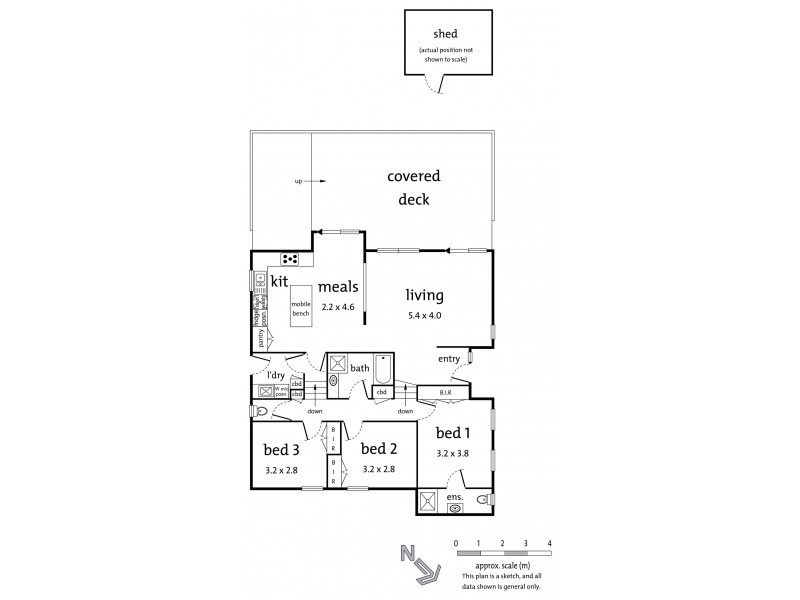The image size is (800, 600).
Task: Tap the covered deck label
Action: pos(414,188)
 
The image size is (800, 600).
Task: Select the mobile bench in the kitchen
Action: pos(301,308)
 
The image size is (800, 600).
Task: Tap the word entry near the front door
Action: pos(449,358)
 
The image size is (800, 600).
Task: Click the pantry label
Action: pos(261,339)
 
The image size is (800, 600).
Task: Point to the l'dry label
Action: pos(275,376)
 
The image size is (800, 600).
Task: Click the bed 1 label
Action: pos(454,433)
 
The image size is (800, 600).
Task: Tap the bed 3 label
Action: pos(281,449)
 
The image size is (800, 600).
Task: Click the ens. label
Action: pos(454,496)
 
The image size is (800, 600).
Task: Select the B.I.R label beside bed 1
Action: pos(444,393)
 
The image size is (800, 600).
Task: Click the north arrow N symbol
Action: pos(405,554)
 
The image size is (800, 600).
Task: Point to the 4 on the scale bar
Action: pos(549,542)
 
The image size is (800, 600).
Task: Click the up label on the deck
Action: pos(298,181)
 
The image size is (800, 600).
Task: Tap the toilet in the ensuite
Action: pos(483,499)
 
